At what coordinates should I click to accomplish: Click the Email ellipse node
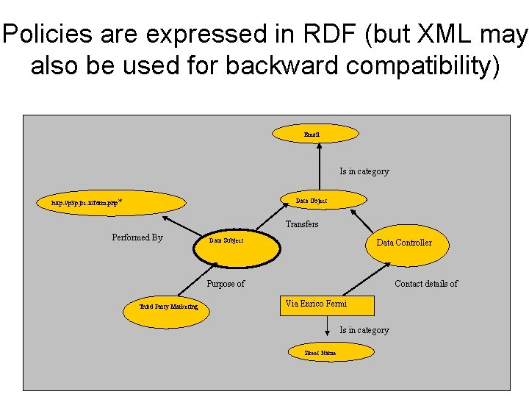click(x=315, y=134)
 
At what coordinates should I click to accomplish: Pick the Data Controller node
click(x=403, y=243)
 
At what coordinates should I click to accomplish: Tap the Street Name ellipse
click(x=320, y=353)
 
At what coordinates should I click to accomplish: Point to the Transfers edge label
click(x=302, y=224)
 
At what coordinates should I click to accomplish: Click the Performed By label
click(x=137, y=237)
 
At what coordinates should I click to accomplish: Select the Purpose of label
click(x=226, y=284)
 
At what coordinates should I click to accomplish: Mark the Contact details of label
click(x=426, y=284)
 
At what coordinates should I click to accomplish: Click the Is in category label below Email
click(x=364, y=171)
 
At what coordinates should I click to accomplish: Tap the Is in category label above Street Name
click(x=364, y=330)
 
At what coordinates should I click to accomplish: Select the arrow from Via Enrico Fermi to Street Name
click(x=327, y=329)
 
